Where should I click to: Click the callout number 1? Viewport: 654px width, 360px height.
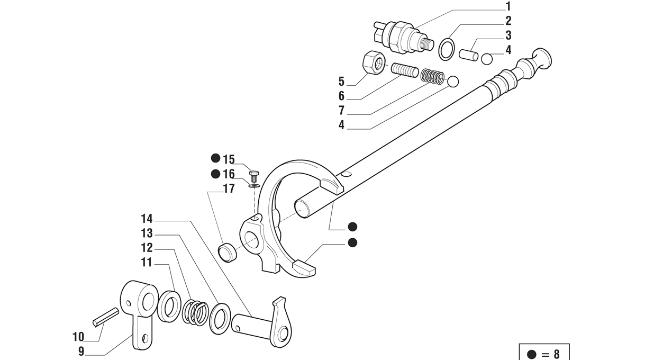[508, 6]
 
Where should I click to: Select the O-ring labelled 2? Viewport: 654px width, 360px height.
[448, 49]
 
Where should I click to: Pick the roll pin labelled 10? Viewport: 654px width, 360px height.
[106, 317]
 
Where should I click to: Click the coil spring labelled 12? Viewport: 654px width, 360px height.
[195, 312]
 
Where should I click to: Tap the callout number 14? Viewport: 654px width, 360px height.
[147, 218]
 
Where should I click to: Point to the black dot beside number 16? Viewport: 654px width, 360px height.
[215, 174]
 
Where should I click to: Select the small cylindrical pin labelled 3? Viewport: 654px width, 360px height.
[468, 55]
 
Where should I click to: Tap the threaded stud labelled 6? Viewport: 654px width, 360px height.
[405, 70]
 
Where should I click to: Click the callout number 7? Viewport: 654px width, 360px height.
[341, 111]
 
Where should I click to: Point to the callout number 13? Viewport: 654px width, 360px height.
[147, 233]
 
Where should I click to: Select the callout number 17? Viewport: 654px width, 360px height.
[229, 188]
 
